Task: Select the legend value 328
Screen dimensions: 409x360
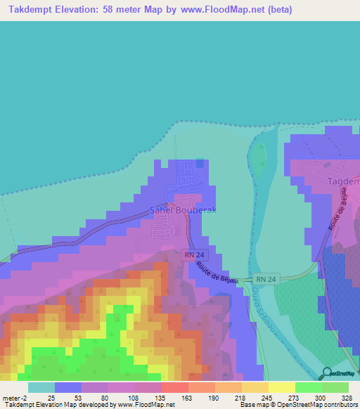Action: [342, 397]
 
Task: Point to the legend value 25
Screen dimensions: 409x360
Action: [52, 397]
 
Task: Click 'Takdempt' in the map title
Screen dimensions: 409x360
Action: [32, 10]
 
